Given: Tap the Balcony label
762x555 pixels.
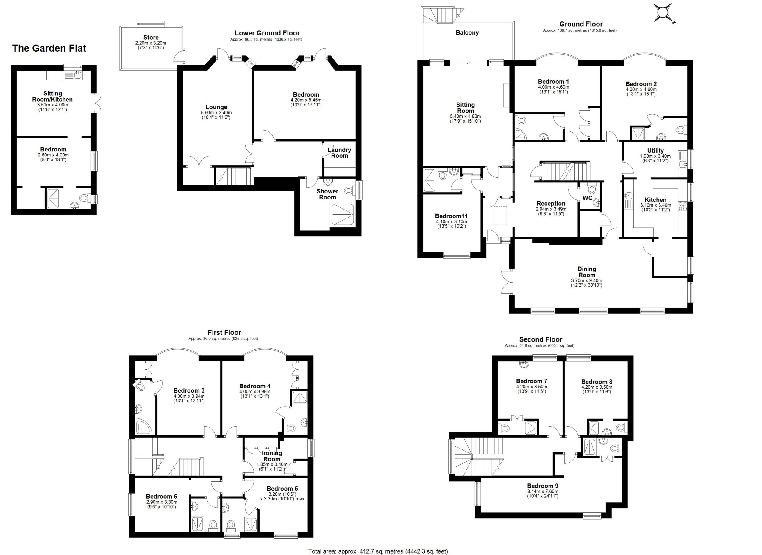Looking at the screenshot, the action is click(x=467, y=32).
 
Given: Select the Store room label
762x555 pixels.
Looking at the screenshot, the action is click(x=151, y=37).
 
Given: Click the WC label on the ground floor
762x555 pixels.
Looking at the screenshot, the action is click(x=587, y=198).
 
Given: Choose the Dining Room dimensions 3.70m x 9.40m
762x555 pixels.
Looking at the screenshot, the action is click(x=587, y=280).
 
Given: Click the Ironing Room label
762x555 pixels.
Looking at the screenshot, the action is click(x=272, y=456).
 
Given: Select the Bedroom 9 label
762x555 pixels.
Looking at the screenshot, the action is click(x=543, y=486).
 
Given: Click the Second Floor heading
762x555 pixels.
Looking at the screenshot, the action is click(x=541, y=339).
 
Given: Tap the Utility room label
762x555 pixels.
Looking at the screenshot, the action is click(x=655, y=150).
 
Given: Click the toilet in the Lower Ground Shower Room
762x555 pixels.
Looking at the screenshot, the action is click(x=350, y=191).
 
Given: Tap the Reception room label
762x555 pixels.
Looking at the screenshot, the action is click(x=551, y=204).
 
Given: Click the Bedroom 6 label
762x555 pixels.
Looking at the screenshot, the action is click(x=161, y=497).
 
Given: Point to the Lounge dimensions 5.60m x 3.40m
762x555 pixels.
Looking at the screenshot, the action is click(x=216, y=113).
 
